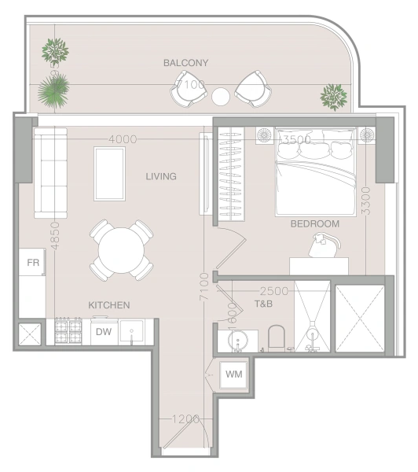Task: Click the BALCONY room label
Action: pyautogui.click(x=186, y=62)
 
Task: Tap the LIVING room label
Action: pyautogui.click(x=160, y=176)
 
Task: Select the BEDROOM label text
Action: pyautogui.click(x=314, y=224)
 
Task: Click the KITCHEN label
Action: pyautogui.click(x=108, y=304)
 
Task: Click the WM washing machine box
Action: pyautogui.click(x=233, y=374)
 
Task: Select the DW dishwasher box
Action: pyautogui.click(x=104, y=331)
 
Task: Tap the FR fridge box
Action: pyautogui.click(x=33, y=262)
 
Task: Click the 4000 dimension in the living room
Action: pyautogui.click(x=123, y=139)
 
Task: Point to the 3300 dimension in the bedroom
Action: pyautogui.click(x=364, y=200)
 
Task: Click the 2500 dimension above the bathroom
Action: pyautogui.click(x=273, y=290)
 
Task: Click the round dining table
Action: pyautogui.click(x=121, y=251)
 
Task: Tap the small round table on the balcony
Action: pyautogui.click(x=221, y=96)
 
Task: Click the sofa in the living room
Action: pyautogui.click(x=50, y=175)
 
